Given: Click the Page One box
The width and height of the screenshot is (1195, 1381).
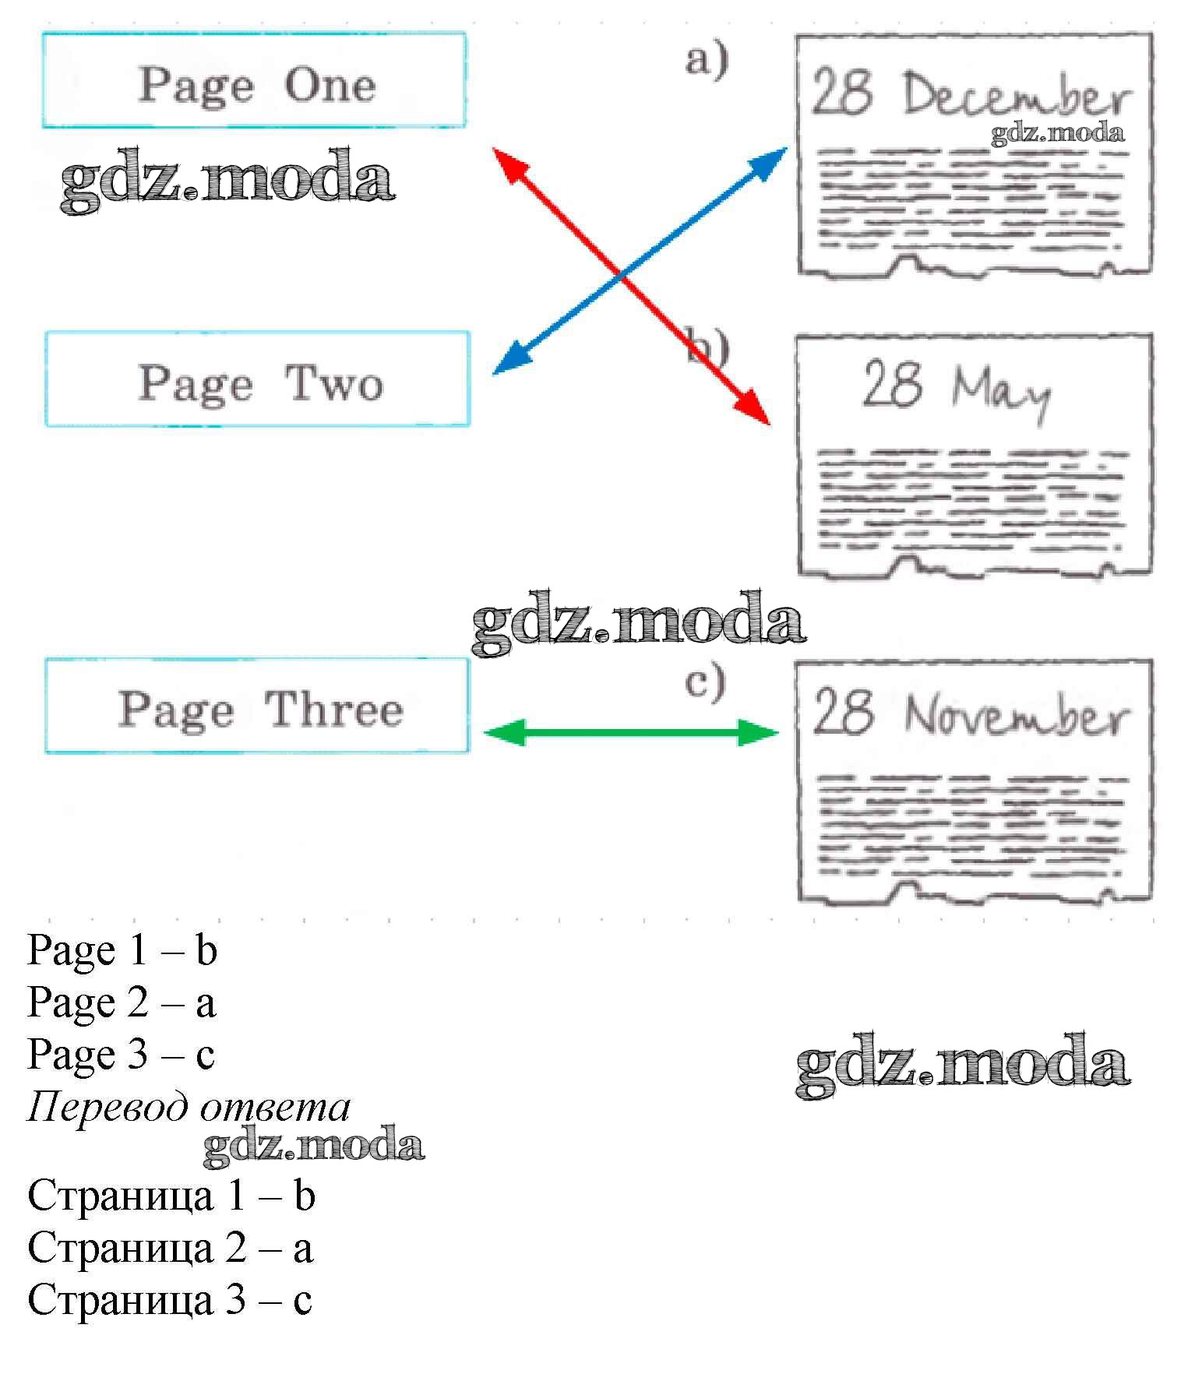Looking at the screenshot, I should (254, 80).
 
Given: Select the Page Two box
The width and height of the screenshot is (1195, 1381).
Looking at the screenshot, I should (258, 379).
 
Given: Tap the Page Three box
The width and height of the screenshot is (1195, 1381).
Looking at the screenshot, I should (257, 706).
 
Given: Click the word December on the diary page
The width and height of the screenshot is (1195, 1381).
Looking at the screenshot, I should (1016, 97).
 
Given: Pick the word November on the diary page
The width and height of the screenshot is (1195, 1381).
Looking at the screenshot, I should (1016, 714).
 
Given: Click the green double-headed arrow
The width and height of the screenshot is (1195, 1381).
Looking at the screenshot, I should (631, 732).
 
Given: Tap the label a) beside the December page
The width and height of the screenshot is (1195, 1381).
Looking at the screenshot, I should (707, 59).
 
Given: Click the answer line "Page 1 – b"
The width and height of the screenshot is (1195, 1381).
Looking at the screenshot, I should (122, 950).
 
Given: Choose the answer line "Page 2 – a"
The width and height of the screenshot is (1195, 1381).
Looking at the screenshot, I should (122, 1002).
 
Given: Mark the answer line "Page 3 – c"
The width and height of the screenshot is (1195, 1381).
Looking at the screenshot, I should (121, 1055).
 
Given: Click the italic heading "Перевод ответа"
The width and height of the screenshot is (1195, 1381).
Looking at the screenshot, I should (189, 1107).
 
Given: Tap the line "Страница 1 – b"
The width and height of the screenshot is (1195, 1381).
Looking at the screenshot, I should (171, 1196).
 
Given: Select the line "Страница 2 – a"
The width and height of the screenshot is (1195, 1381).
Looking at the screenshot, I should (171, 1248).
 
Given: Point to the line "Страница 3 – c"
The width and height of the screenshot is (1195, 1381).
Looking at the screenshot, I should (170, 1300).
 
